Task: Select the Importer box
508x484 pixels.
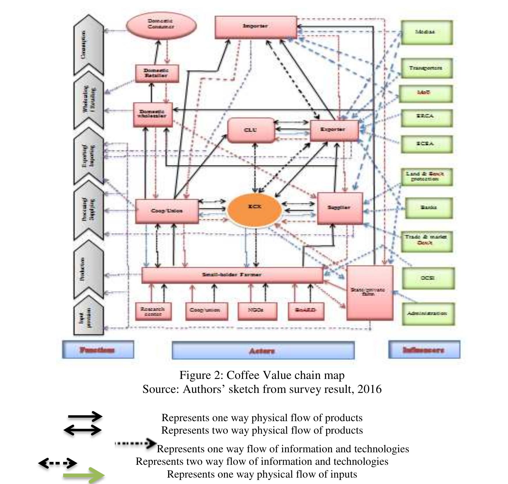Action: [x=255, y=27]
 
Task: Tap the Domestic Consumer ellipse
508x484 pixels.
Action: [x=161, y=25]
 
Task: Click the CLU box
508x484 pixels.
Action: [x=251, y=130]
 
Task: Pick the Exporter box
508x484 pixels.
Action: [x=334, y=130]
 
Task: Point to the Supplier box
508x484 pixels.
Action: [x=340, y=208]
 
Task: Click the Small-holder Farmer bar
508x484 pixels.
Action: [x=232, y=275]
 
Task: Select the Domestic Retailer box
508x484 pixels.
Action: [x=157, y=73]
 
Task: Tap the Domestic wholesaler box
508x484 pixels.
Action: [x=153, y=114]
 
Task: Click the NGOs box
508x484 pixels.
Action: [x=257, y=311]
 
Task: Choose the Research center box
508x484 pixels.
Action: [x=153, y=311]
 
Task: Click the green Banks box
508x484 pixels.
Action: [x=429, y=208]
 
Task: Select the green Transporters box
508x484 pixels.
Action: [x=426, y=68]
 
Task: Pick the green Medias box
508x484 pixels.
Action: [x=426, y=32]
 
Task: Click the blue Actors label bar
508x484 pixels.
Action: [x=263, y=350]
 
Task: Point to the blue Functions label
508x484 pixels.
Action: [x=98, y=350]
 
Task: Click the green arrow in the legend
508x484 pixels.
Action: [x=84, y=475]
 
